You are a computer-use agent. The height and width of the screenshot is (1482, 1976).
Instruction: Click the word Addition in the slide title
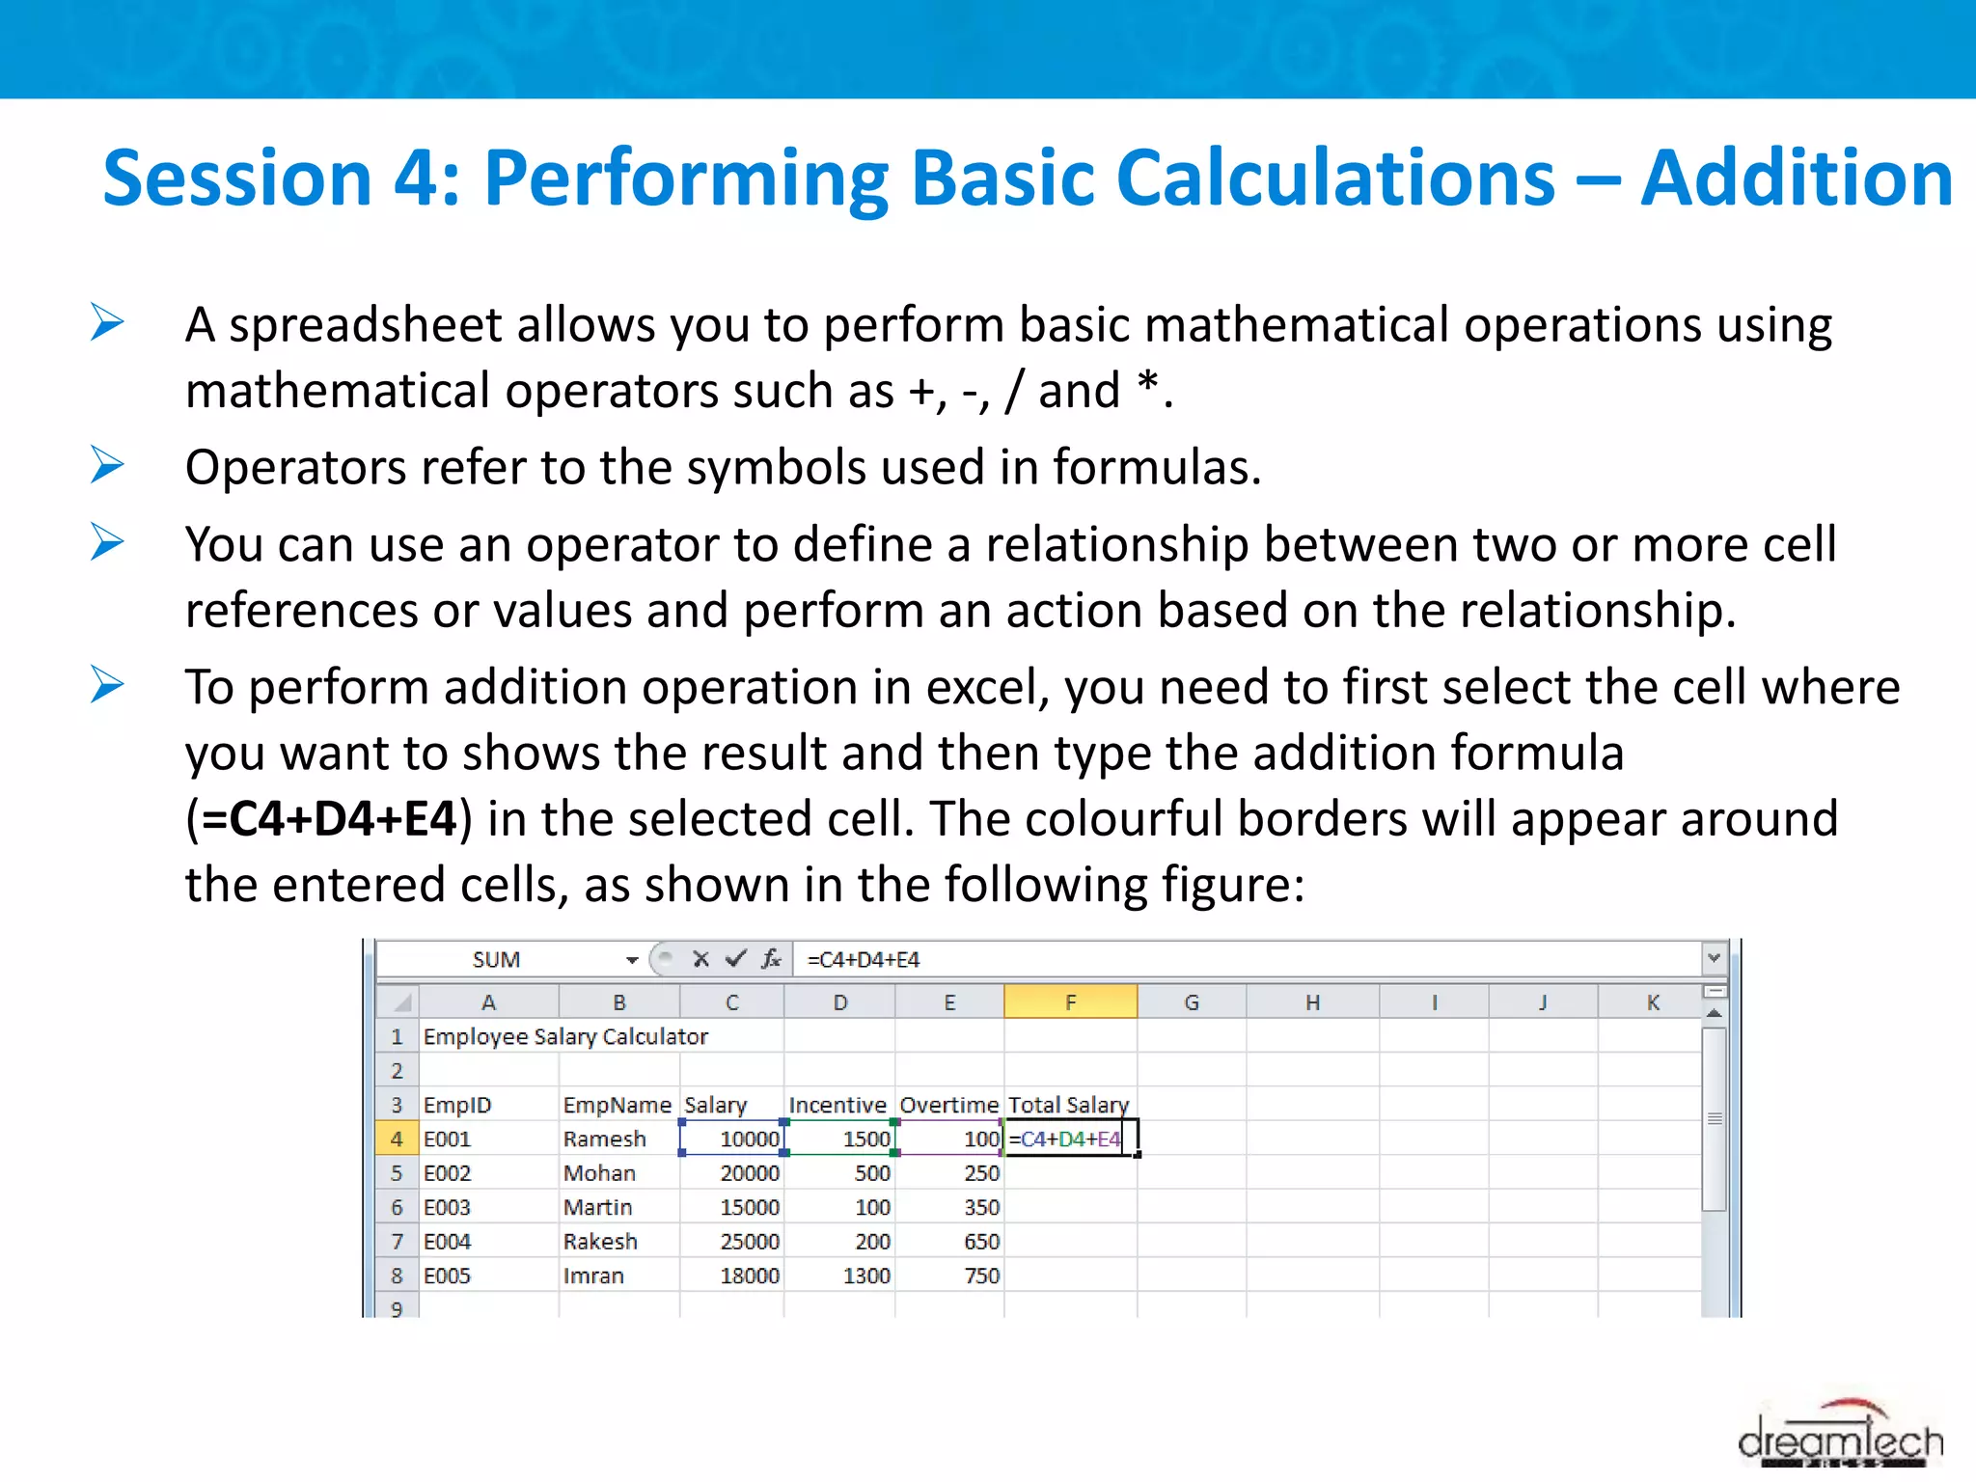point(1796,178)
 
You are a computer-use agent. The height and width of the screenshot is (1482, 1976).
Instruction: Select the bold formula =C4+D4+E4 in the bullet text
point(329,819)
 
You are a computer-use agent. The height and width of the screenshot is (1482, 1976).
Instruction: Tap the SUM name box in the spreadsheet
point(497,960)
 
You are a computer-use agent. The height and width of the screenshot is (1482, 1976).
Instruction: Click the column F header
point(1070,1002)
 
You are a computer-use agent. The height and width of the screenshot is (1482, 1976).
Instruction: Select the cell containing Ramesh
point(605,1139)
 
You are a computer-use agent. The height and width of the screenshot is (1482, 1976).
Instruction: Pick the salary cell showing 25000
point(749,1242)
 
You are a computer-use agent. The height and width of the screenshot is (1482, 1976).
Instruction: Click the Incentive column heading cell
point(837,1105)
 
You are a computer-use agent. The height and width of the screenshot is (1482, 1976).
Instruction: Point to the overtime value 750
point(981,1276)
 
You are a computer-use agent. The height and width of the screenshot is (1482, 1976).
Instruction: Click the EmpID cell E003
point(448,1207)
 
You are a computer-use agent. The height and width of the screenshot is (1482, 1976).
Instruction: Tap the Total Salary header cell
point(1068,1105)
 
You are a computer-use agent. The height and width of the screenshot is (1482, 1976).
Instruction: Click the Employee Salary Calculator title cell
point(565,1037)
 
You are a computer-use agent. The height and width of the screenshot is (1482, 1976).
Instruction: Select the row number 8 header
point(397,1276)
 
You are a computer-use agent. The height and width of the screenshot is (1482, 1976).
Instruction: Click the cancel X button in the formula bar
point(700,959)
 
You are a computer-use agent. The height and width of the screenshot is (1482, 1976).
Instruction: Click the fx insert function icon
point(771,959)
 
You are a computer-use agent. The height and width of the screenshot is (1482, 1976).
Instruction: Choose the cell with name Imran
point(593,1276)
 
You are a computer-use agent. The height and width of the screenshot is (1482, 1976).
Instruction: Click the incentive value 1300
point(865,1276)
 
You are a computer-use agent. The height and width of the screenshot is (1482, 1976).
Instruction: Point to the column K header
point(1653,1002)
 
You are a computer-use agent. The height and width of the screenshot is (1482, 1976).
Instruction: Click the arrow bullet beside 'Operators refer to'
point(107,465)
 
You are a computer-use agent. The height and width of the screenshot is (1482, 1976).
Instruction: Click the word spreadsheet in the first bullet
point(365,325)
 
